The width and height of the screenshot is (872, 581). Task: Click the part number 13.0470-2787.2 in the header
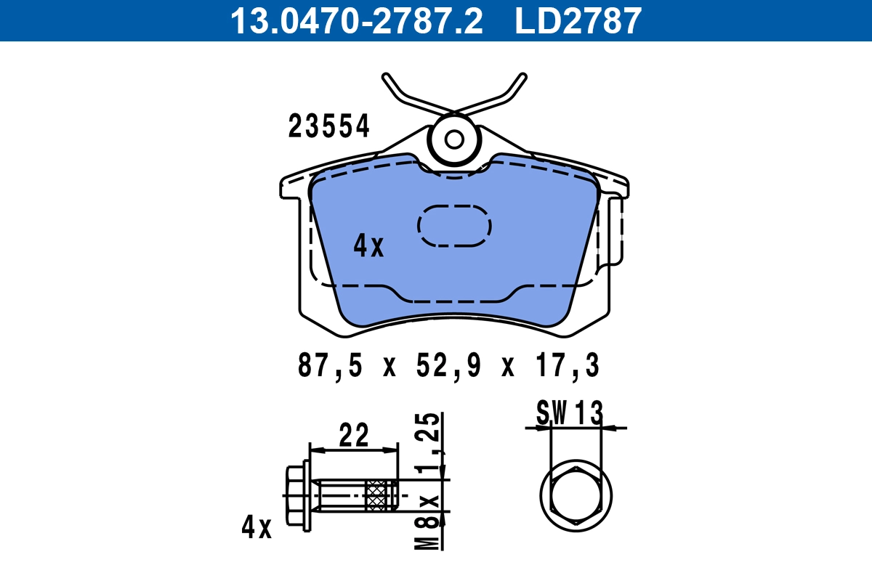tap(356, 20)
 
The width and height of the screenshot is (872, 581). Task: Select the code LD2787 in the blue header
tap(578, 20)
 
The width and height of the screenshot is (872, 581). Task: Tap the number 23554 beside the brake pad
tap(329, 126)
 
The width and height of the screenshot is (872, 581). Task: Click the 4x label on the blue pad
tap(368, 247)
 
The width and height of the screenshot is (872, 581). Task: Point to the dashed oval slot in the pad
tap(454, 225)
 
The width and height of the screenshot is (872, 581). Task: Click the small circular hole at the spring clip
tap(455, 139)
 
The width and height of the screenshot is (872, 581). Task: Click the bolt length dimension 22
tap(354, 436)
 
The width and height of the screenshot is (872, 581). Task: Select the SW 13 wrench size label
tap(570, 414)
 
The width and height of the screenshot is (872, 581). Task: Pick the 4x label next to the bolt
tap(256, 528)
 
